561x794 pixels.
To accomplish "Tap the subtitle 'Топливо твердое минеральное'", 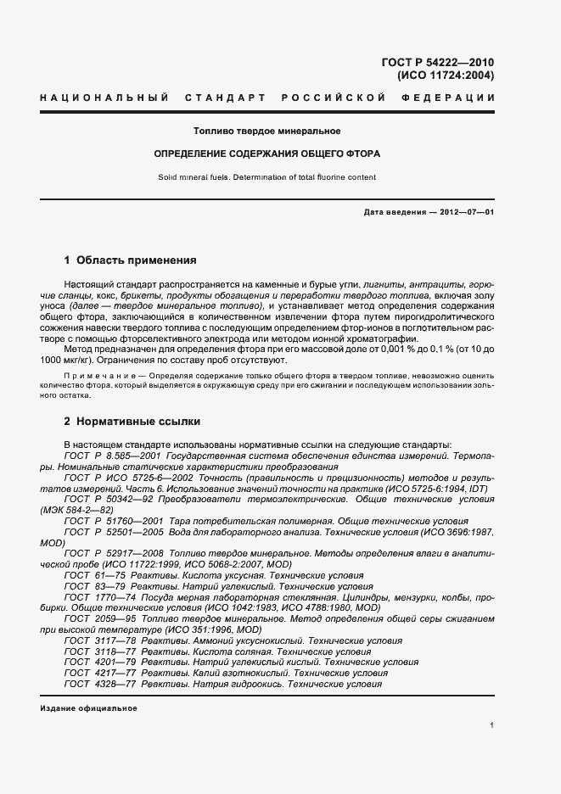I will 267,131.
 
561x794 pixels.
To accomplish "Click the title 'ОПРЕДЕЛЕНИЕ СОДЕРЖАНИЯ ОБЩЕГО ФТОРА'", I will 267,154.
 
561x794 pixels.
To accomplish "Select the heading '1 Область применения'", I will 130,260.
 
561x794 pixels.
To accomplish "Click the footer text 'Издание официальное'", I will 88,708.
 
